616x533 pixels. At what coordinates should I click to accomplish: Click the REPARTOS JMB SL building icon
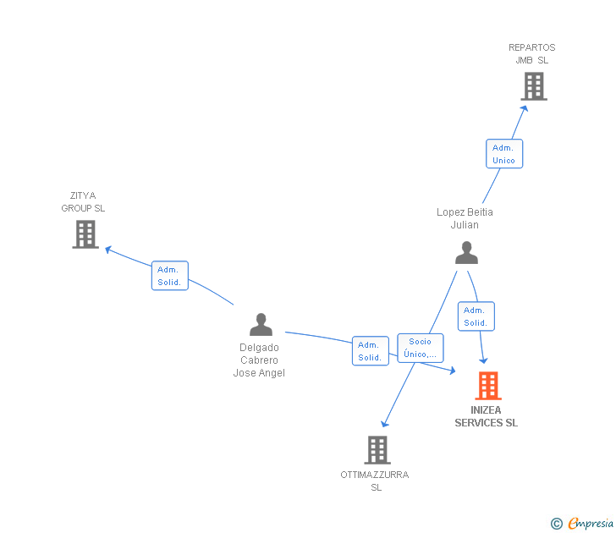pos(533,86)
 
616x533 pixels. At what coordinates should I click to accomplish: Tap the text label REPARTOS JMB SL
pos(532,54)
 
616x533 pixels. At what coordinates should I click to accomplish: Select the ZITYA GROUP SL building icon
pos(85,234)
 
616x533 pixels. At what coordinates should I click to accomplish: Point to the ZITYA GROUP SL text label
pos(83,202)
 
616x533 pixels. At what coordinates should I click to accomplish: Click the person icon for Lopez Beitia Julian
pos(466,252)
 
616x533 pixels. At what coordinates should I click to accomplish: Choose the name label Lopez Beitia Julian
pos(465,218)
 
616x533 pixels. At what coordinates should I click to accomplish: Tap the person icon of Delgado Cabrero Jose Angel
pos(261,324)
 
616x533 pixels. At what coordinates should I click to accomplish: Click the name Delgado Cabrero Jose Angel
pos(259,360)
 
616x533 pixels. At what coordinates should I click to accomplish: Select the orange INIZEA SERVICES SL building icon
pos(487,386)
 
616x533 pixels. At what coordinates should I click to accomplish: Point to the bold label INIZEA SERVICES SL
pos(487,417)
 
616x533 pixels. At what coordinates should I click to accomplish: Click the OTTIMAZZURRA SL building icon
pos(377,450)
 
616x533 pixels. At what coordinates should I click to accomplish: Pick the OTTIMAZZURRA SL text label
pos(375,481)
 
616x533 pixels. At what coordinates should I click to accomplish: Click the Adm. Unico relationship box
pos(503,154)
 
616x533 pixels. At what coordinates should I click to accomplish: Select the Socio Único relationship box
pos(421,348)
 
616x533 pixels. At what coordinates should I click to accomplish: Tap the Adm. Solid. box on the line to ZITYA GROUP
pos(169,276)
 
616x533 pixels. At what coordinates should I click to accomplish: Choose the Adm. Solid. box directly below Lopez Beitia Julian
pos(476,316)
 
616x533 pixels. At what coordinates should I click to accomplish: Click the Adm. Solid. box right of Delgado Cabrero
pos(370,351)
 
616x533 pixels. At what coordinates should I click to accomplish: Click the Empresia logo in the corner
pos(583,524)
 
